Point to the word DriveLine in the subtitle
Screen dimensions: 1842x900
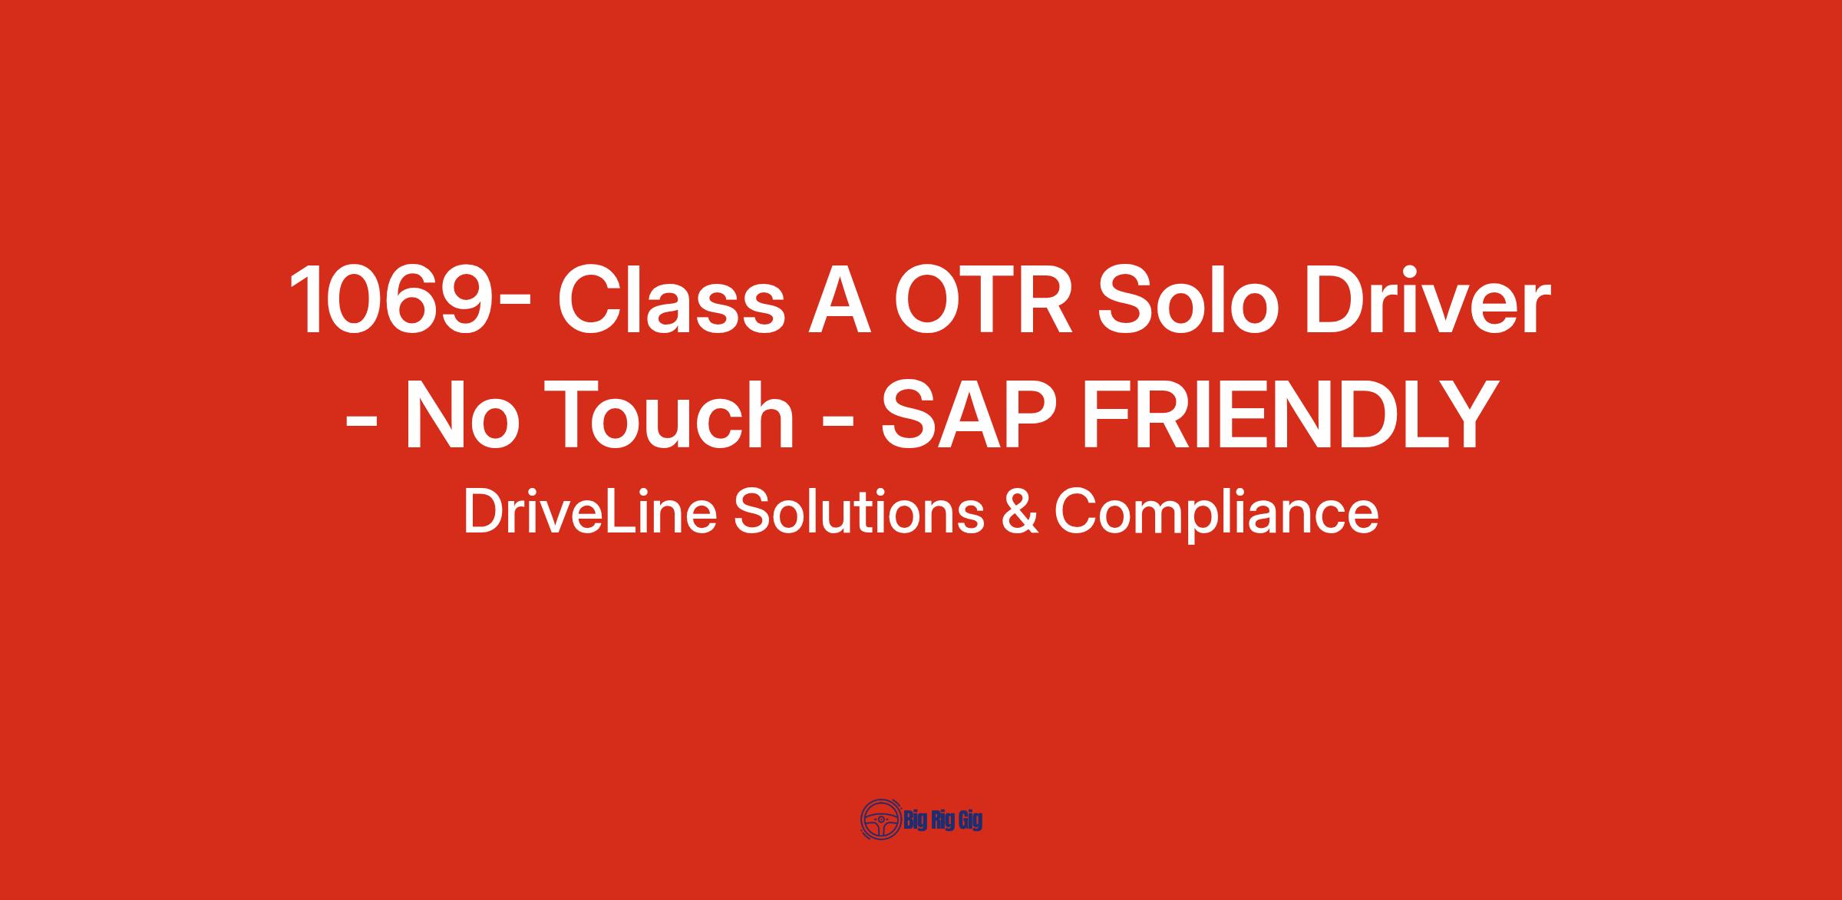click(x=590, y=512)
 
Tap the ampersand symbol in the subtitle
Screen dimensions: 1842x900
click(x=1020, y=512)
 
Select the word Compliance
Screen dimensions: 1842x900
click(x=1216, y=515)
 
